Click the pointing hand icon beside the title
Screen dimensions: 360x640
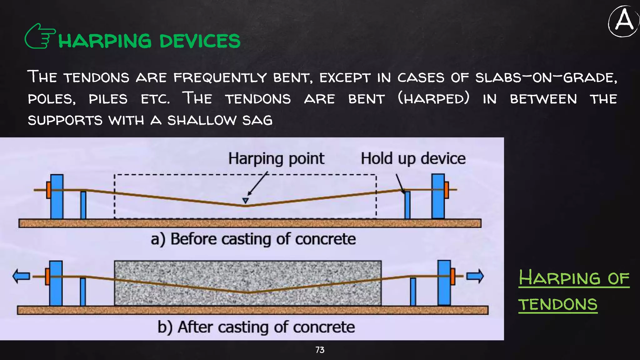pyautogui.click(x=40, y=37)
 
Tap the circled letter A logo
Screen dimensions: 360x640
pyautogui.click(x=623, y=21)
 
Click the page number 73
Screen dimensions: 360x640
pyautogui.click(x=320, y=350)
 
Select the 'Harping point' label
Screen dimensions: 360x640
pyautogui.click(x=276, y=158)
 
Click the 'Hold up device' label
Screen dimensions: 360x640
pyautogui.click(x=413, y=158)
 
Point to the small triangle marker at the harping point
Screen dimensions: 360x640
pyautogui.click(x=246, y=201)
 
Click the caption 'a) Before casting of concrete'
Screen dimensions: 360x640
pyautogui.click(x=253, y=239)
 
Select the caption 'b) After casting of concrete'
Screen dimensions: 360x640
pyautogui.click(x=256, y=327)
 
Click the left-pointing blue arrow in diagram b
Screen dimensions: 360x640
pyautogui.click(x=21, y=277)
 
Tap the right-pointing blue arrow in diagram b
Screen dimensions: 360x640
pyautogui.click(x=475, y=277)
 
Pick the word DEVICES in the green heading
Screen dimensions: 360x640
pyautogui.click(x=200, y=41)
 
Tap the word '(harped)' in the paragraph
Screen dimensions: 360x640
pyautogui.click(x=434, y=99)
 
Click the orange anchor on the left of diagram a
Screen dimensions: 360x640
pyautogui.click(x=48, y=190)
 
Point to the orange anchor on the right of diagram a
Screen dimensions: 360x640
pyautogui.click(x=447, y=190)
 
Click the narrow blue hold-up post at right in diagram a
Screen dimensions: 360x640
pyautogui.click(x=407, y=205)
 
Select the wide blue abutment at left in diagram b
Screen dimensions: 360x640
pyautogui.click(x=56, y=283)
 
